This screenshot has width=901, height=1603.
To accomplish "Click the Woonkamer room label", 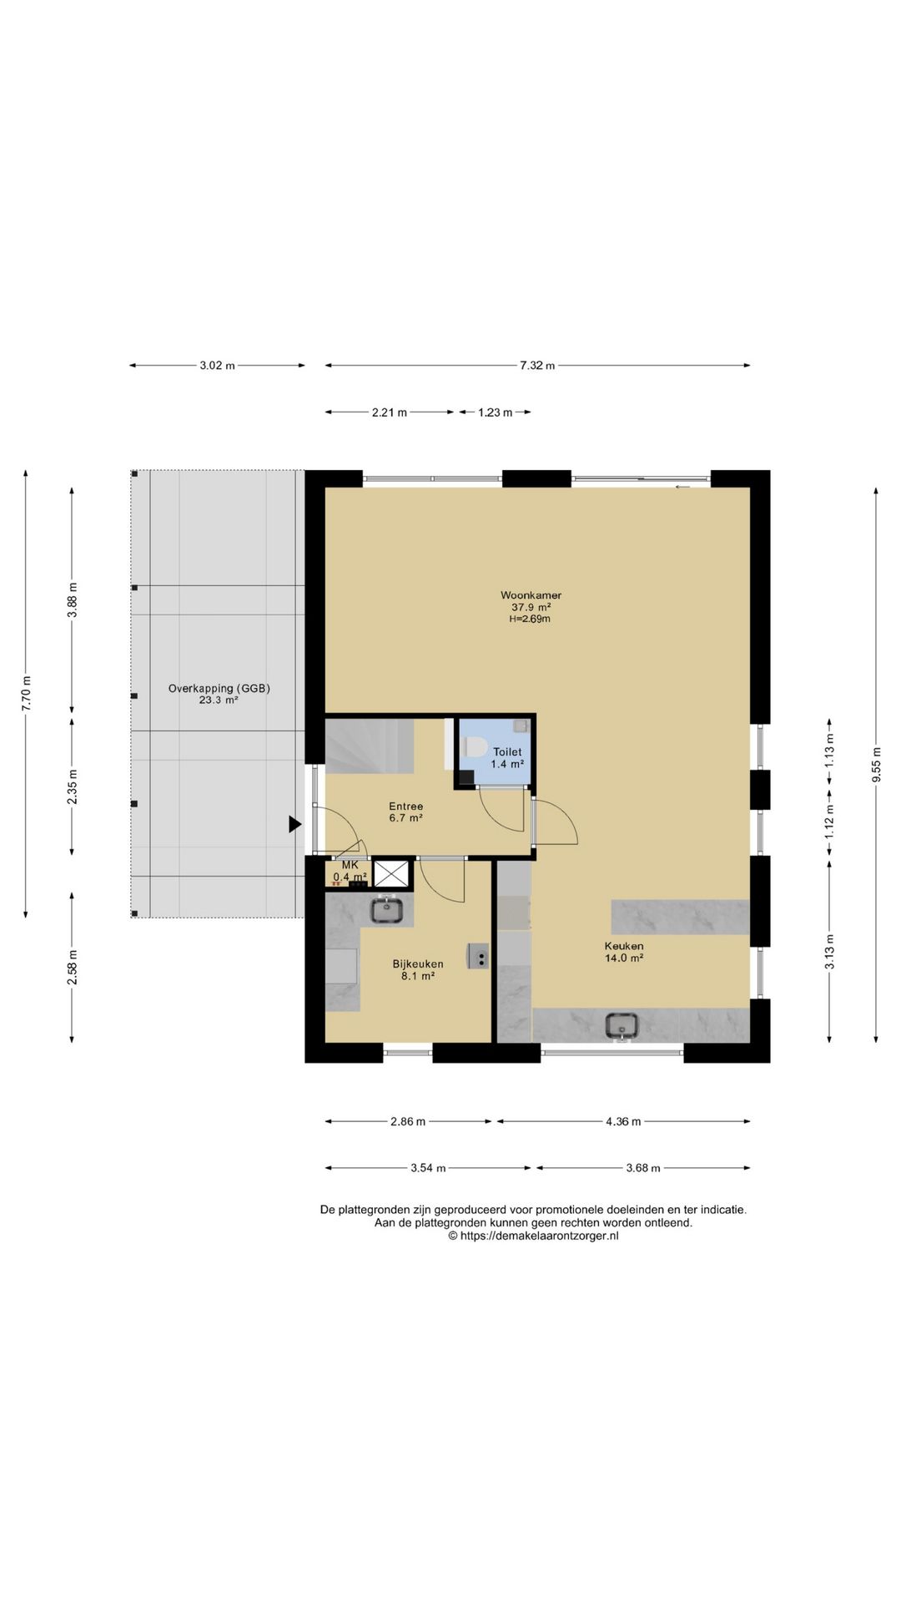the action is (531, 595).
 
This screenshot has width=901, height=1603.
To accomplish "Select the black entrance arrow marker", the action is (294, 824).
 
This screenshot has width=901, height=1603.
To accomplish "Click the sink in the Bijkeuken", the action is (387, 909).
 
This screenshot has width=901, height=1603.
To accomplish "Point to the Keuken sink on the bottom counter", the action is (622, 1025).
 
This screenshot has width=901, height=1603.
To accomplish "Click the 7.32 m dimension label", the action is (537, 366).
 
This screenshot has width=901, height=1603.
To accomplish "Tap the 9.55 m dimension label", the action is (876, 764).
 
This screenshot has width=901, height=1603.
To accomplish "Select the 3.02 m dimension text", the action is (217, 366).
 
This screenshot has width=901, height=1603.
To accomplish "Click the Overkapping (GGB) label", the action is (219, 689).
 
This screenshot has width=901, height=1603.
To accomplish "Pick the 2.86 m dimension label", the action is (408, 1121).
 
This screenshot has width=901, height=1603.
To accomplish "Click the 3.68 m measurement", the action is (643, 1168).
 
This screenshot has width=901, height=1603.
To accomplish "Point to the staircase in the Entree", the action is (370, 746).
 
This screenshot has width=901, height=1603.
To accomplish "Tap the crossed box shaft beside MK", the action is (392, 873).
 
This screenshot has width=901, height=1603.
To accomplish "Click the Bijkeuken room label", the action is (418, 964).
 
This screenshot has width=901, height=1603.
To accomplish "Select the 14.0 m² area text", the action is (624, 958).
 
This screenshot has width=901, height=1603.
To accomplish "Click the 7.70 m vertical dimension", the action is (26, 693).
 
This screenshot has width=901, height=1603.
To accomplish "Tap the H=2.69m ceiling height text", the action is (530, 619).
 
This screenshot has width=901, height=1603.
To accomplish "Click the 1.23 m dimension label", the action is (495, 412).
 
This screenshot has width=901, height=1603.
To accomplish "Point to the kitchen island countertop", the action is (681, 917).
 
